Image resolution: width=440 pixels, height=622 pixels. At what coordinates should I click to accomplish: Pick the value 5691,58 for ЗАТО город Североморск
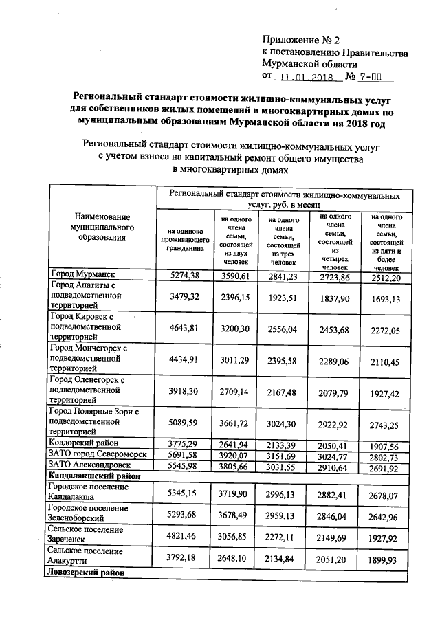coord(184,454)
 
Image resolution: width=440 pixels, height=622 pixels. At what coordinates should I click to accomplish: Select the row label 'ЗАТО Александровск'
coord(91,464)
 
